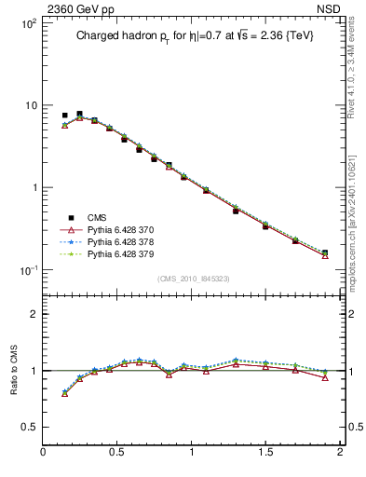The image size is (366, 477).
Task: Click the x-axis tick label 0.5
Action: (x=117, y=453)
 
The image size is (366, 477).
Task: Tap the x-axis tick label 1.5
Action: (x=265, y=453)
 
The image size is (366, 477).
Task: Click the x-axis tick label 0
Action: (x=44, y=453)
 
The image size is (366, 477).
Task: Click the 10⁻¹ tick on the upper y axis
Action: (x=26, y=270)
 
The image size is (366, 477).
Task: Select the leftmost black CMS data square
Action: (x=64, y=116)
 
